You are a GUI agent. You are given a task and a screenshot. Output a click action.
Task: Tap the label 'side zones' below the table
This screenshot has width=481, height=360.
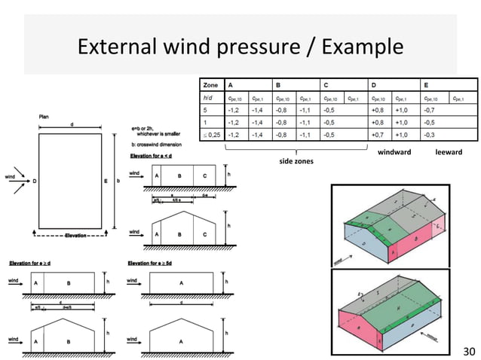coord(296,161)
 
